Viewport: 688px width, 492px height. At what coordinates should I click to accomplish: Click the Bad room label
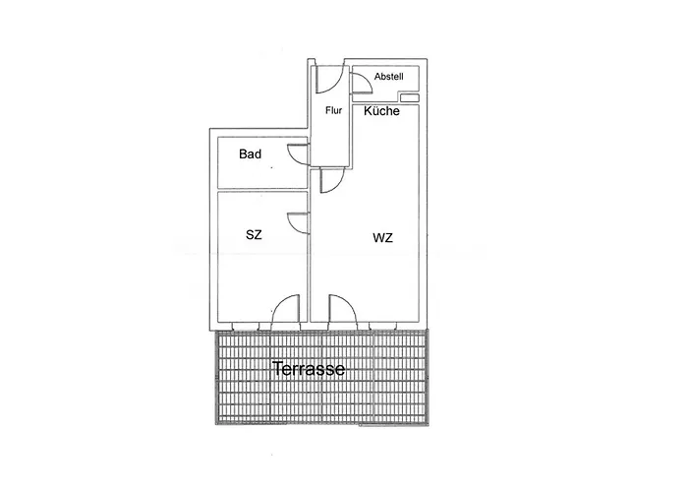tap(250, 154)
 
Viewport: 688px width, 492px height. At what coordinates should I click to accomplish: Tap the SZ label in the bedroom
tap(254, 235)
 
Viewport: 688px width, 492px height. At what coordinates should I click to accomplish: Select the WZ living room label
tap(382, 238)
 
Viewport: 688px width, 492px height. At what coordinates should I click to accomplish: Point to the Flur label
tap(333, 110)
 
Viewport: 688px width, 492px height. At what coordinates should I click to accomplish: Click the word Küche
tap(381, 110)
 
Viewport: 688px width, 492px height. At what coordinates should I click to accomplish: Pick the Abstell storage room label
tap(389, 77)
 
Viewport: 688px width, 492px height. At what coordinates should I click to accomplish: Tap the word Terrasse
tap(309, 369)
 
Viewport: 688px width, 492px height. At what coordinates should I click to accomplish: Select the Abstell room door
tap(361, 83)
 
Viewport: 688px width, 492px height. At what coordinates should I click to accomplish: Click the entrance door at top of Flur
tap(329, 80)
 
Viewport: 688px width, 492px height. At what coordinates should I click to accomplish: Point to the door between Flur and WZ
tap(332, 180)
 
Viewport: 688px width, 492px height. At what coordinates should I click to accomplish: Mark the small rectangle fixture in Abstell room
tap(410, 97)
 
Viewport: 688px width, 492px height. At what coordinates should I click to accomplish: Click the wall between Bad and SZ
tap(262, 190)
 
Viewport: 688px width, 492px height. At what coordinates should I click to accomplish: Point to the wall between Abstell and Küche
tap(385, 102)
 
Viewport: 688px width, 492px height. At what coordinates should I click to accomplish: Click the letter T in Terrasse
tap(277, 369)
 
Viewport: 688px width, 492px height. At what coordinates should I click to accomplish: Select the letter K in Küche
tap(368, 110)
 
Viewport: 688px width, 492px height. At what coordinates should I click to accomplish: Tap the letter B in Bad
tap(243, 154)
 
